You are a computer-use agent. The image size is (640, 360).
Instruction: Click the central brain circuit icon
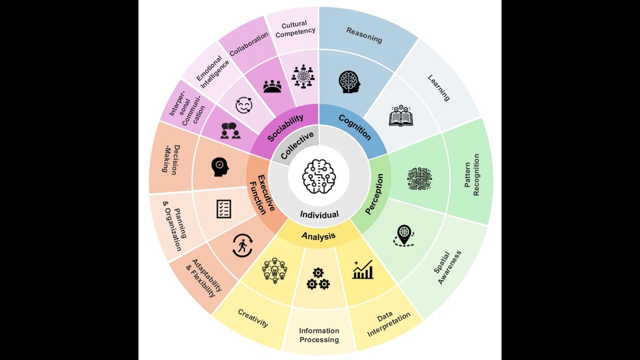pyautogui.click(x=319, y=176)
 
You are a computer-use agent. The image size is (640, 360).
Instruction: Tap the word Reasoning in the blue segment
pyautogui.click(x=364, y=35)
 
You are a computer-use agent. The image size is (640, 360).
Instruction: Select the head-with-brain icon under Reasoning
pyautogui.click(x=349, y=82)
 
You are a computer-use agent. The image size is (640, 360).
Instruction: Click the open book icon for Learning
pyautogui.click(x=401, y=115)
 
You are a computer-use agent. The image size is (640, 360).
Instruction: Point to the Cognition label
pyautogui.click(x=355, y=127)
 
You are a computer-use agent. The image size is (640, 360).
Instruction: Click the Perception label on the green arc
pyautogui.click(x=374, y=194)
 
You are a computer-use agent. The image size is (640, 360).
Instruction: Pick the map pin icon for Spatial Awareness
pyautogui.click(x=403, y=235)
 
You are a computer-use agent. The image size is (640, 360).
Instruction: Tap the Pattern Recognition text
pyautogui.click(x=471, y=175)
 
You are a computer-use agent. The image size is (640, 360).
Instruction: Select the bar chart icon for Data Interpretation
pyautogui.click(x=363, y=269)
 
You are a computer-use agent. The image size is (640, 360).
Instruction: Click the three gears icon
pyautogui.click(x=318, y=278)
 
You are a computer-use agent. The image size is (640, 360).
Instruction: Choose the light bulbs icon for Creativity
pyautogui.click(x=274, y=270)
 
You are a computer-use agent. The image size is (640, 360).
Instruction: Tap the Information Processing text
pyautogui.click(x=319, y=335)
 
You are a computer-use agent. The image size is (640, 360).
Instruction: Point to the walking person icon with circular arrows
pyautogui.click(x=242, y=245)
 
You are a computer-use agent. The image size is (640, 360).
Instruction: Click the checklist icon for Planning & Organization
pyautogui.click(x=223, y=209)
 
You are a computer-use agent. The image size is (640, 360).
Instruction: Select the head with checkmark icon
pyautogui.click(x=220, y=167)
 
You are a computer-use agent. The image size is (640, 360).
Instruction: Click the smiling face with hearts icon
pyautogui.click(x=243, y=105)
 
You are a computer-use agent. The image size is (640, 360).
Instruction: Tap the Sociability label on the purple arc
pyautogui.click(x=285, y=127)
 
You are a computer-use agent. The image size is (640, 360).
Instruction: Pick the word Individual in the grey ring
pyautogui.click(x=319, y=214)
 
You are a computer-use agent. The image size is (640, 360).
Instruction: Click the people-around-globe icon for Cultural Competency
pyautogui.click(x=303, y=76)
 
